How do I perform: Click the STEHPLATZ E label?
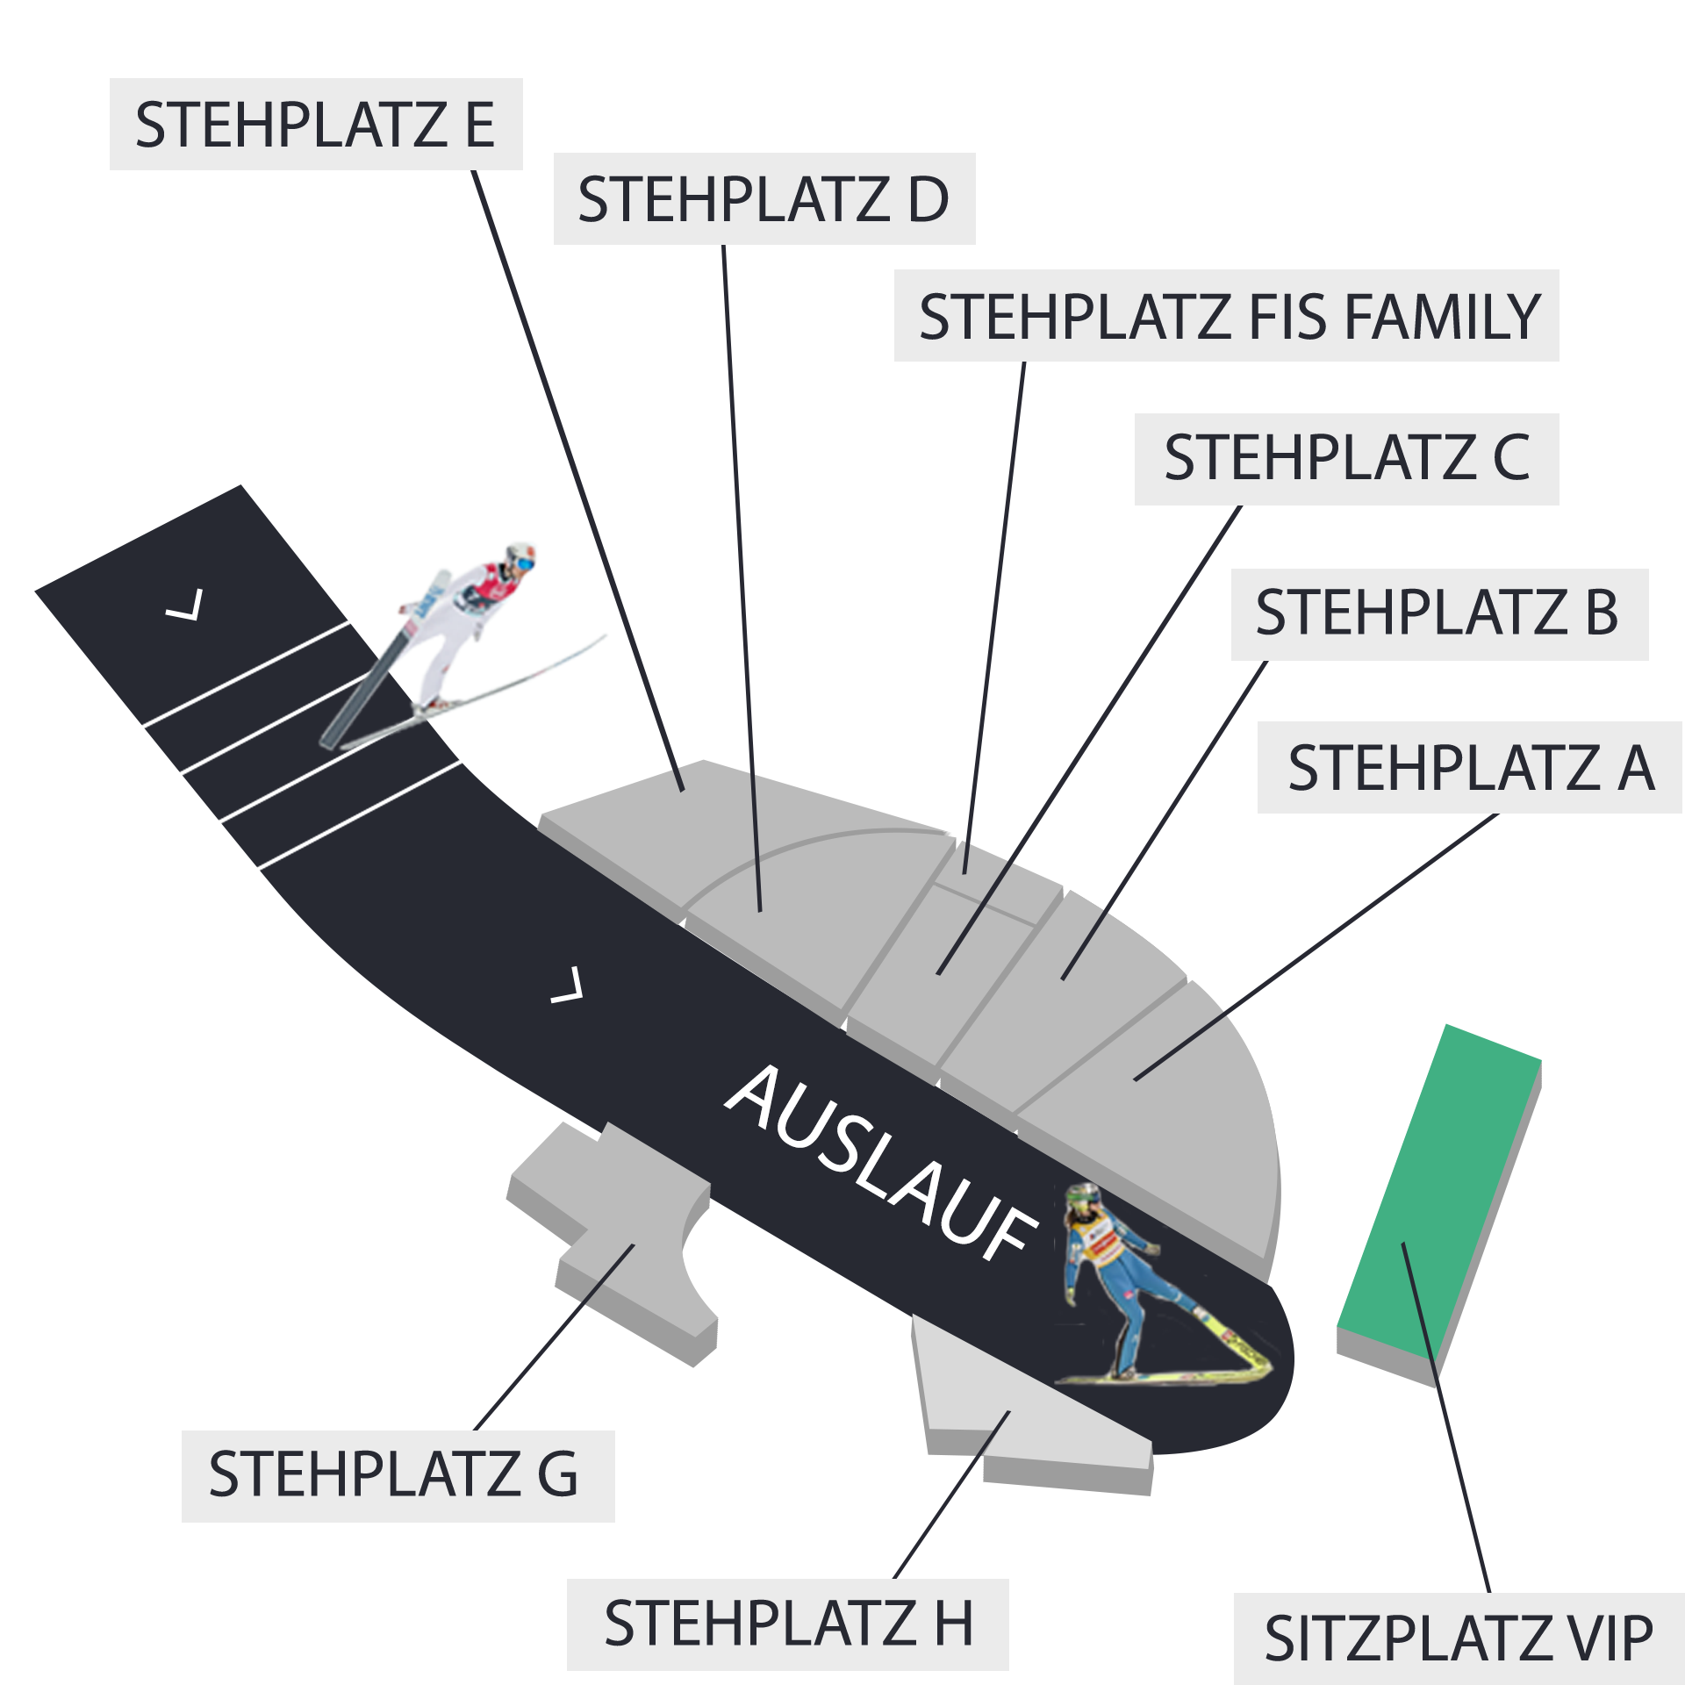(x=316, y=124)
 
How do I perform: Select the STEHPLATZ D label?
(x=764, y=198)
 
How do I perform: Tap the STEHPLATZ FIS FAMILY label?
(x=1227, y=315)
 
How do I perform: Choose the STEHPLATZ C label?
(x=1347, y=459)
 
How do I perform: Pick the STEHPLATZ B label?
(x=1440, y=614)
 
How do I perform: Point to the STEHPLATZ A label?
(x=1470, y=767)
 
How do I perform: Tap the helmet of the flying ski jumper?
(x=520, y=558)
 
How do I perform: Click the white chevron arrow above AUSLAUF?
(x=567, y=985)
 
